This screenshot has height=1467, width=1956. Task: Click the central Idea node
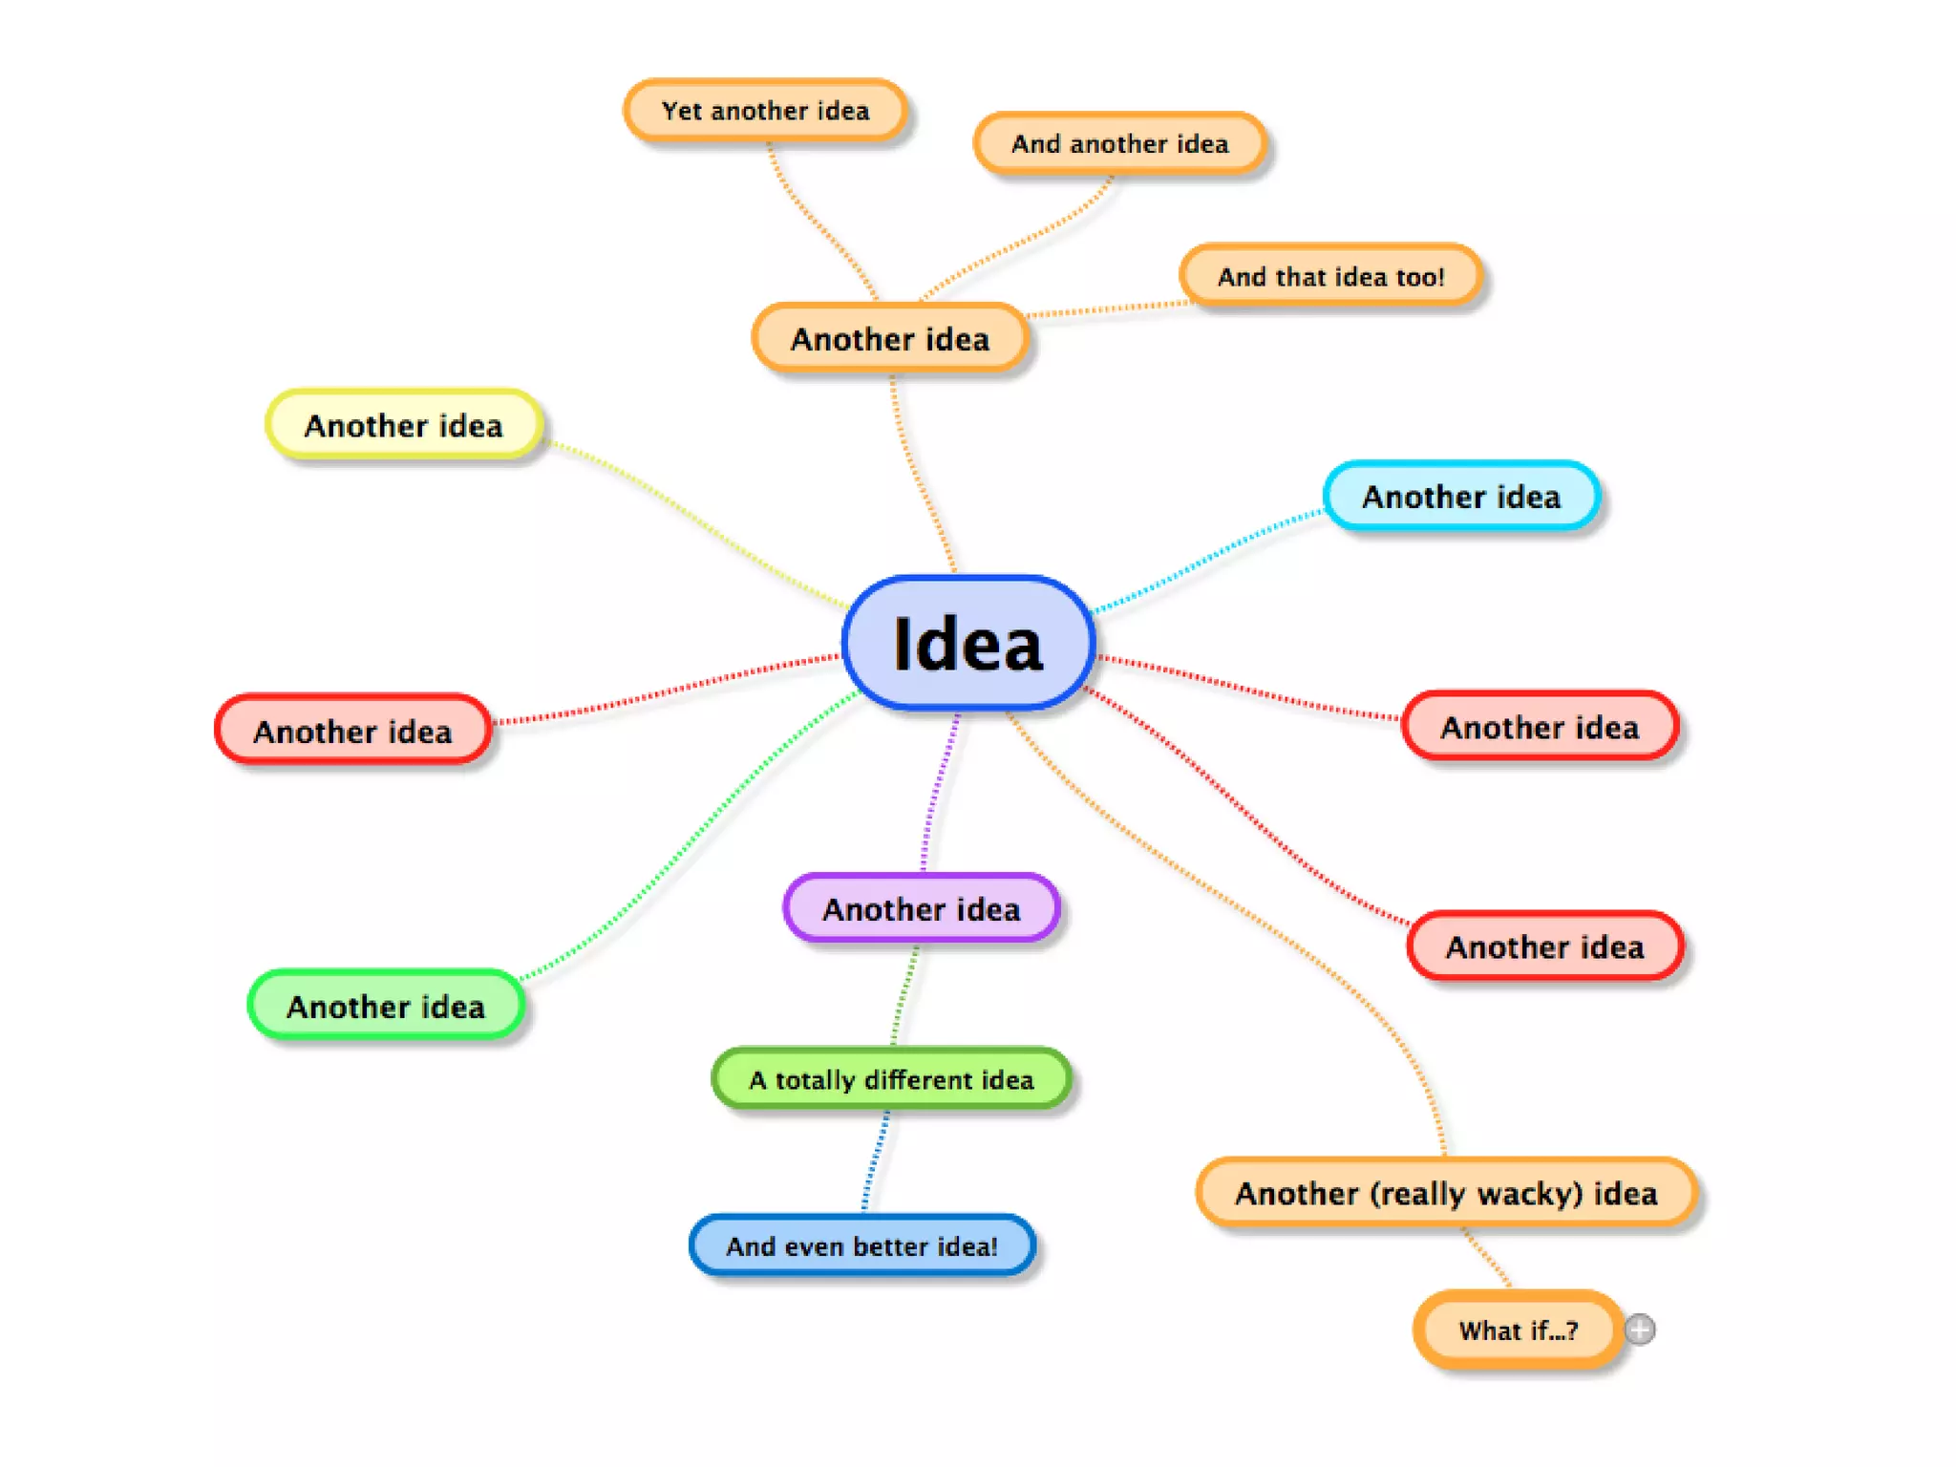[x=967, y=643]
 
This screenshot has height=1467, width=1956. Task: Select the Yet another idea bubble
[x=765, y=111]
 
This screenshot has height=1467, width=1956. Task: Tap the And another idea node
[x=1119, y=143]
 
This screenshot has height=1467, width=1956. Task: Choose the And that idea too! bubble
[x=1330, y=276]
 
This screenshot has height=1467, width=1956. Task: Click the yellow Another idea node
[x=404, y=425]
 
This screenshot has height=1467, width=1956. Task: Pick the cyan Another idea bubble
[x=1461, y=496]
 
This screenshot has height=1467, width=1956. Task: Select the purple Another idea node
[x=922, y=908]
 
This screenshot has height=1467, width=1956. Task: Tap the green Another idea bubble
[x=386, y=1006]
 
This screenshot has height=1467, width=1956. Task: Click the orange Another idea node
[x=890, y=338]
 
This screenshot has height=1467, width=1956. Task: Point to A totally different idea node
[x=891, y=1079]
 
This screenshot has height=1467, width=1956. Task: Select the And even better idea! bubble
[x=861, y=1245]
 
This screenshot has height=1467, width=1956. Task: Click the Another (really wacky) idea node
[x=1446, y=1193]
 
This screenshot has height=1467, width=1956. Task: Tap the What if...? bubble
[x=1519, y=1329]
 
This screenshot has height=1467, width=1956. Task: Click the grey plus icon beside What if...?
[x=1640, y=1329]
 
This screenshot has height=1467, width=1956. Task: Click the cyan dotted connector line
[x=1208, y=559]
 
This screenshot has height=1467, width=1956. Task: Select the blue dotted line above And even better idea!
[x=877, y=1160]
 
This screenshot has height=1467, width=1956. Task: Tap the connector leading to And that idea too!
[x=1108, y=309]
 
